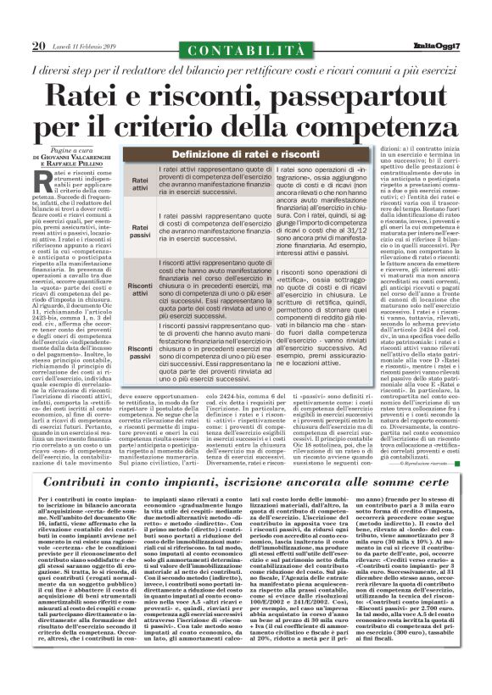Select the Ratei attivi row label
(137, 183)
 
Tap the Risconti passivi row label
(137, 348)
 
